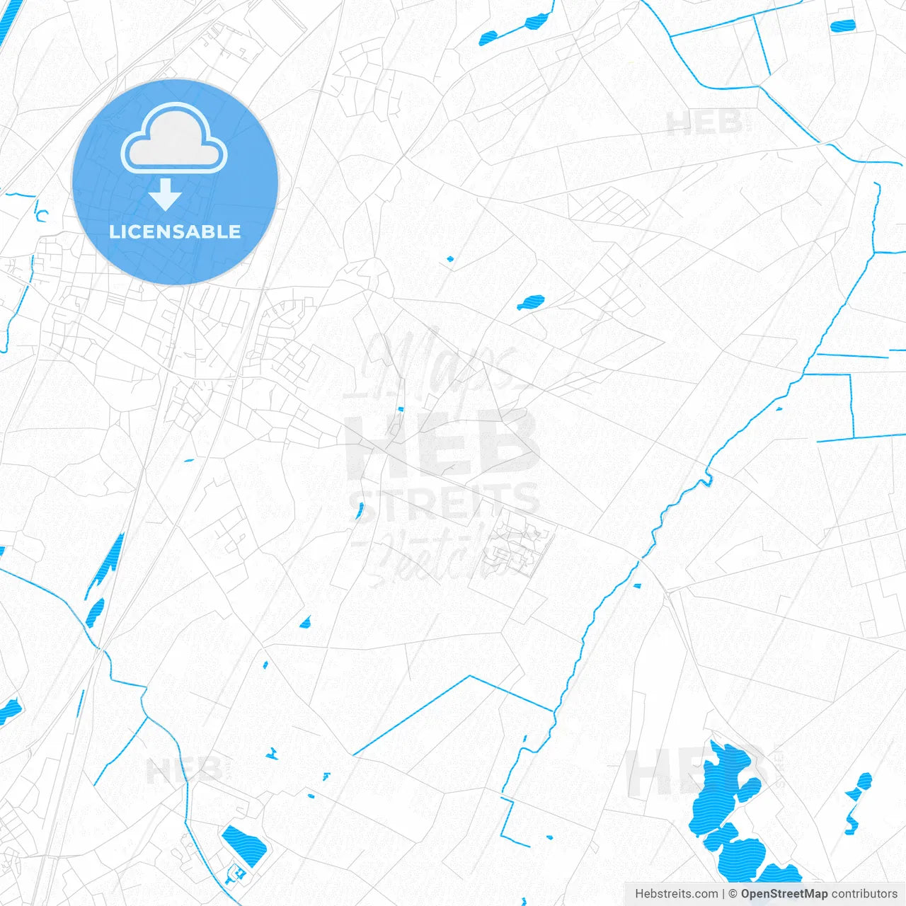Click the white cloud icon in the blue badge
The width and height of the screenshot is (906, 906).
174,139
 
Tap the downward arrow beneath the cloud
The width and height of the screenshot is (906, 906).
166,195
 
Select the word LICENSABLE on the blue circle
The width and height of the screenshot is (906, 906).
175,232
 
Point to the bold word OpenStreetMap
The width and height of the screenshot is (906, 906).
784,894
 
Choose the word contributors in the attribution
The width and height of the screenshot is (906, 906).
864,894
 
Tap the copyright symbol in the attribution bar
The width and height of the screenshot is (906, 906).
733,894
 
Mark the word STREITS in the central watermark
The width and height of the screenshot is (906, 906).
445,501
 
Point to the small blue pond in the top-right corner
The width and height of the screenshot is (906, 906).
842,26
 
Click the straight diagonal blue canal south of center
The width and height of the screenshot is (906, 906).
411,715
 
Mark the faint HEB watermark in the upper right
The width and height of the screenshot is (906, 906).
704,124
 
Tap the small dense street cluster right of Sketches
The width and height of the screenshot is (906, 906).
520,549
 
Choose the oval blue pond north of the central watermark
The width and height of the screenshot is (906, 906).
530,303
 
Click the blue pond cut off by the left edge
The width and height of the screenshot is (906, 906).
8,710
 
